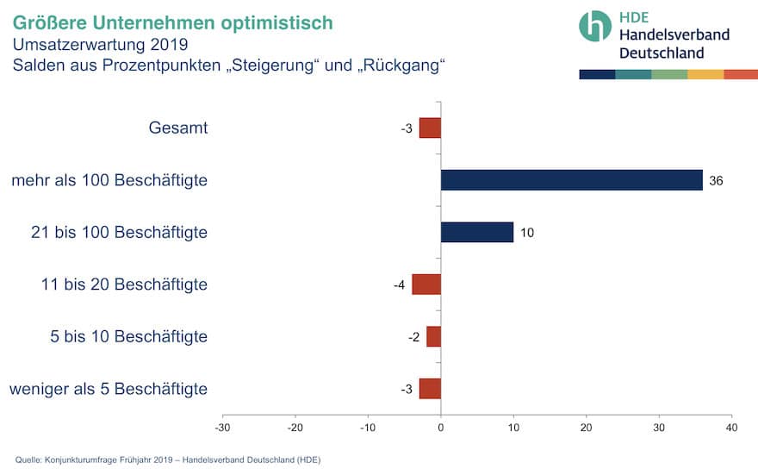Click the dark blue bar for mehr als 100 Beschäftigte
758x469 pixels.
coord(571,180)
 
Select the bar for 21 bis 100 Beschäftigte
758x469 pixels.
coord(476,232)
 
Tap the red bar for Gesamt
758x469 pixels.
coord(430,128)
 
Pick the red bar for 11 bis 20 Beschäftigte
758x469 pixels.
coord(426,285)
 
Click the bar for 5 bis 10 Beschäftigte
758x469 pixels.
coord(433,336)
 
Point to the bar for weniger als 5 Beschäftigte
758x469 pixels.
coord(430,388)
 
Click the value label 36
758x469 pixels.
coord(716,181)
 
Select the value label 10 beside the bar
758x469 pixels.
coord(527,233)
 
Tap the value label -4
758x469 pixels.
coord(400,285)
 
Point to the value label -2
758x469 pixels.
coord(414,336)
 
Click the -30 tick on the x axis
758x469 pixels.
coord(222,427)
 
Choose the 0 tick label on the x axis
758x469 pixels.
coord(441,427)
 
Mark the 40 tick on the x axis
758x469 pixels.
coord(731,427)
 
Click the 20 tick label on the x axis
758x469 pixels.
coord(586,427)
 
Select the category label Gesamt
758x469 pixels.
coord(178,128)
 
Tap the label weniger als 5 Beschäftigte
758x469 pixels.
coord(109,388)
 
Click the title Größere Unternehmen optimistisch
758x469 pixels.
coord(173,22)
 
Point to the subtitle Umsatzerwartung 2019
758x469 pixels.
coord(100,44)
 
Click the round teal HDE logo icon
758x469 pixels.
coord(595,26)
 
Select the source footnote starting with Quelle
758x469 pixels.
coord(168,460)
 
